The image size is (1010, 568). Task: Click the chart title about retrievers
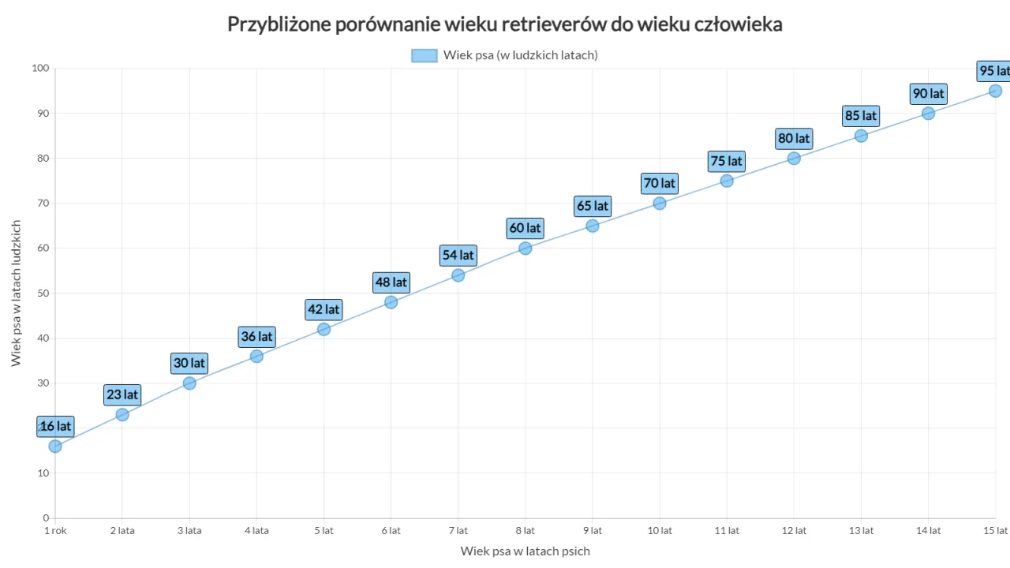pyautogui.click(x=505, y=24)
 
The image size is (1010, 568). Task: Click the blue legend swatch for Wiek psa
pyautogui.click(x=424, y=55)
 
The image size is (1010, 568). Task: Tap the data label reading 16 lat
pyautogui.click(x=55, y=427)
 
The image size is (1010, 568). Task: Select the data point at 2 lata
pyautogui.click(x=122, y=415)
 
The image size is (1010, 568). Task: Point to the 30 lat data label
pyautogui.click(x=189, y=364)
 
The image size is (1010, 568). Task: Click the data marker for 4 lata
pyautogui.click(x=256, y=357)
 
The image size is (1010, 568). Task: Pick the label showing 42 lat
pyautogui.click(x=324, y=310)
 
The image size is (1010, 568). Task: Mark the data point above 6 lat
pyautogui.click(x=391, y=302)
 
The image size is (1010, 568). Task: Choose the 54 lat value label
pyautogui.click(x=458, y=256)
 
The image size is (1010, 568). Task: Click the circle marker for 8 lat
pyautogui.click(x=526, y=248)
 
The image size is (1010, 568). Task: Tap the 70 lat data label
pyautogui.click(x=660, y=184)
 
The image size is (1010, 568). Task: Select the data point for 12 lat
pyautogui.click(x=794, y=159)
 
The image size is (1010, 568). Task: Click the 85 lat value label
pyautogui.click(x=861, y=116)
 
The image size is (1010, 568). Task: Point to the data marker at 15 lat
pyautogui.click(x=995, y=91)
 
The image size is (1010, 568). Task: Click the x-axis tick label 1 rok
pyautogui.click(x=55, y=531)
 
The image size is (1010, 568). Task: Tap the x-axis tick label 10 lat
pyautogui.click(x=660, y=531)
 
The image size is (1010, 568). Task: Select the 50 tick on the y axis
pyautogui.click(x=43, y=293)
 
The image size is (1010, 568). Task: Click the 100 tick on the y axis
pyautogui.click(x=40, y=69)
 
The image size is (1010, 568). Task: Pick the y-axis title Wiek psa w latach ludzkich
pyautogui.click(x=17, y=293)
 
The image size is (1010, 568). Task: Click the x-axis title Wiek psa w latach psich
pyautogui.click(x=526, y=551)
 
